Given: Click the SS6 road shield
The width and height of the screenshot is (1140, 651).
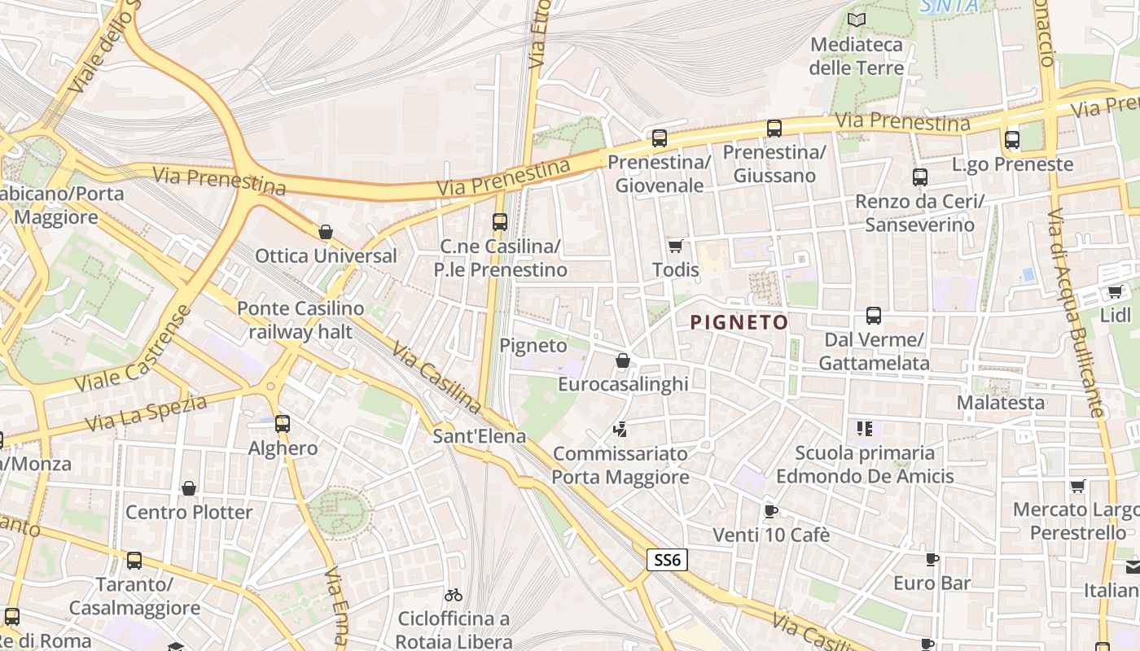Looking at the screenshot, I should (x=668, y=560).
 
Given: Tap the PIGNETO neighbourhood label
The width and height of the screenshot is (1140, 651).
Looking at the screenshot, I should (x=739, y=323).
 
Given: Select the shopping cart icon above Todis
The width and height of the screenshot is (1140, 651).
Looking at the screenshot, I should (x=675, y=246).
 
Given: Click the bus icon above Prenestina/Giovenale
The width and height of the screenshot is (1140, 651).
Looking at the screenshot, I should (x=660, y=138).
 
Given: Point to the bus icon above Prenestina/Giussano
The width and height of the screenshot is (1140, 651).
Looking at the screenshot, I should (x=774, y=128).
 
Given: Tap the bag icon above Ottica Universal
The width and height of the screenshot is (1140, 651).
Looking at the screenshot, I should (x=326, y=233).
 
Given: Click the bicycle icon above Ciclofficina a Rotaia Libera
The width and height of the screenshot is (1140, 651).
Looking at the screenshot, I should (x=454, y=596).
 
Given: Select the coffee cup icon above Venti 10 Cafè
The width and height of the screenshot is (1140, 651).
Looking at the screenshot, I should (x=770, y=511).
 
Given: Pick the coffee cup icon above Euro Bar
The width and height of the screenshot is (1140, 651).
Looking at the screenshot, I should (x=932, y=559).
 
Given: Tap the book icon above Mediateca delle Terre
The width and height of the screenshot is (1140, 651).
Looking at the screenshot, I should (x=856, y=20).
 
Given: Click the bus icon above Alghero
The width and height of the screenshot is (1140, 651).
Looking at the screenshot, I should (x=283, y=424).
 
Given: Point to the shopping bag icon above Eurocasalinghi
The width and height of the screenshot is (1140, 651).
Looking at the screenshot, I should (x=623, y=360).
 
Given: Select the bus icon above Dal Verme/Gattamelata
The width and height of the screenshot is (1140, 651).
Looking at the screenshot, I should (x=874, y=316).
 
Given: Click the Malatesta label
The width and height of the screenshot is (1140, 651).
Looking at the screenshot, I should (x=1000, y=403).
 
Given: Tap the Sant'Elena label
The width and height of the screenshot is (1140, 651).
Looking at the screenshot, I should (x=479, y=436).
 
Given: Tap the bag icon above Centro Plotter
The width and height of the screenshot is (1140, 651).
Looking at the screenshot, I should (x=189, y=488).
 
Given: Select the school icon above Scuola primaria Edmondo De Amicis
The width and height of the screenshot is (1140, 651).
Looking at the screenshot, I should (x=864, y=428).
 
